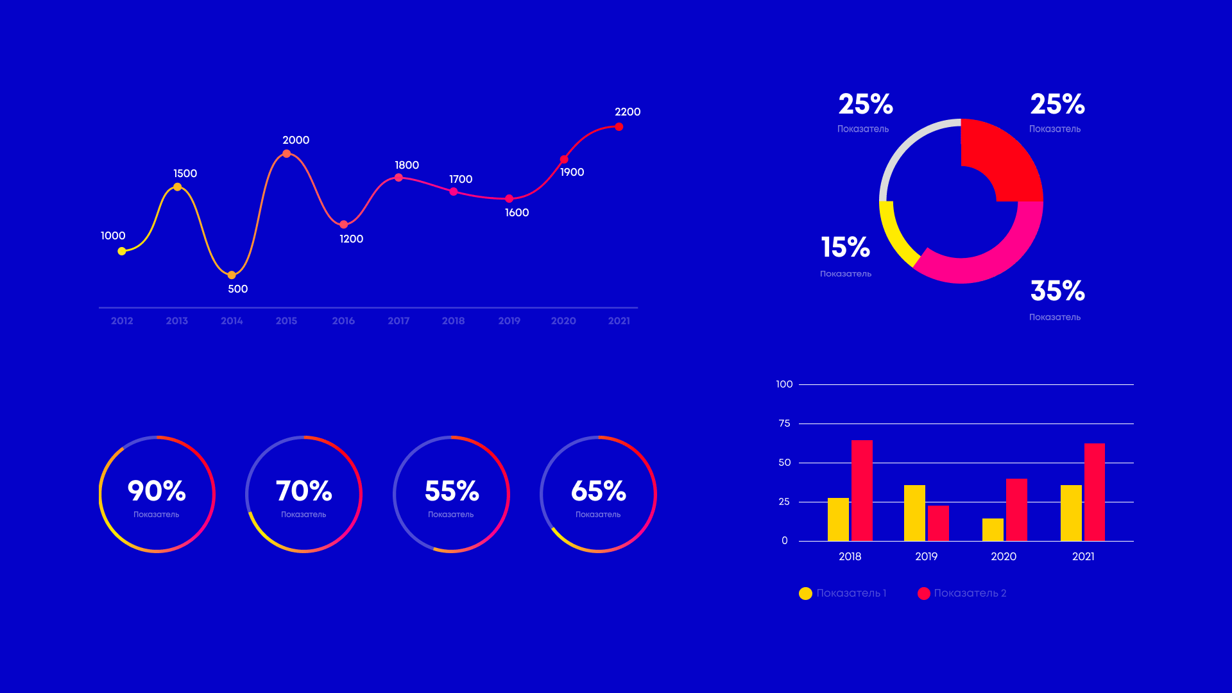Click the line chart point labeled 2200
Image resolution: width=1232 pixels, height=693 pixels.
(619, 127)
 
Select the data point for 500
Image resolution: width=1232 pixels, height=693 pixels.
(232, 275)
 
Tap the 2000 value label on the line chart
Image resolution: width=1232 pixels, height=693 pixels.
(296, 140)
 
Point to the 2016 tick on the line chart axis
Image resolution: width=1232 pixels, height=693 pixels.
(343, 321)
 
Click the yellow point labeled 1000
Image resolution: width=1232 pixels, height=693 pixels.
(122, 252)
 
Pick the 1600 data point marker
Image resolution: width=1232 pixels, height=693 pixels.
(509, 199)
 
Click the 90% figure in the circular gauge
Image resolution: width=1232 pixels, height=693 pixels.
(157, 491)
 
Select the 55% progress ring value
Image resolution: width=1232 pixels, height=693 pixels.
(452, 491)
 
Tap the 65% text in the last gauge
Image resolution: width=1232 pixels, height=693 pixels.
(598, 491)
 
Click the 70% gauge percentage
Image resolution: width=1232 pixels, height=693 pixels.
(304, 491)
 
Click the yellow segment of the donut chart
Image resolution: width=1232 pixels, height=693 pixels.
(896, 234)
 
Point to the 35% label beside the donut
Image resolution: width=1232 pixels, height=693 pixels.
(1057, 291)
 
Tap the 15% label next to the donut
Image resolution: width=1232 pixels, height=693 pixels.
(845, 247)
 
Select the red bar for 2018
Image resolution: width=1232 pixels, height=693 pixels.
(862, 490)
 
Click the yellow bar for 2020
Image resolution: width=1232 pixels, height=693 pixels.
(993, 529)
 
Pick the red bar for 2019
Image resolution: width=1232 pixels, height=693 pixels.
(938, 523)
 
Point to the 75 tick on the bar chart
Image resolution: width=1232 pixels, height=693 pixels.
(784, 424)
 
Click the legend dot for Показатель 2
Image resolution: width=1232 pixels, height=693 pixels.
(924, 594)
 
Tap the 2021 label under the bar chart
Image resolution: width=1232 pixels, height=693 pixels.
(1083, 556)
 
